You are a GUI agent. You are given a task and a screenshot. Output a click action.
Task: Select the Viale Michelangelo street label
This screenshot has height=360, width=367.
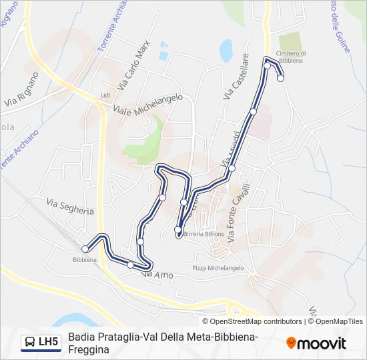coord(147,104)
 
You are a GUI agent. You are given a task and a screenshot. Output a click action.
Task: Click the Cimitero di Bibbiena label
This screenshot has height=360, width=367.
coord(292,57)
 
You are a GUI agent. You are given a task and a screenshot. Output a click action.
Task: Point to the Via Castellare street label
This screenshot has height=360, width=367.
coord(236,77)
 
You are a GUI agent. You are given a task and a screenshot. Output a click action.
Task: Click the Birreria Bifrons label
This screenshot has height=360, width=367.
coord(204,235)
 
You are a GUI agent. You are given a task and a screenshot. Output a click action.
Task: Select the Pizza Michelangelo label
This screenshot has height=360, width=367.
coord(218,268)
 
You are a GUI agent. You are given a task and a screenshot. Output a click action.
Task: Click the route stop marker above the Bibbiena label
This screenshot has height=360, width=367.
coord(85,249)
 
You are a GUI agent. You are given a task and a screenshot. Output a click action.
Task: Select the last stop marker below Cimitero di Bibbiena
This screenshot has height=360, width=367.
coord(280,78)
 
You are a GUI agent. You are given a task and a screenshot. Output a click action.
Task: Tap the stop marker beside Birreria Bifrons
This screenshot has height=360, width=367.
coord(177,231)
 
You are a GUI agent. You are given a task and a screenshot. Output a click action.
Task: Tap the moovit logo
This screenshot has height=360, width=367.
coord(316,343)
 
